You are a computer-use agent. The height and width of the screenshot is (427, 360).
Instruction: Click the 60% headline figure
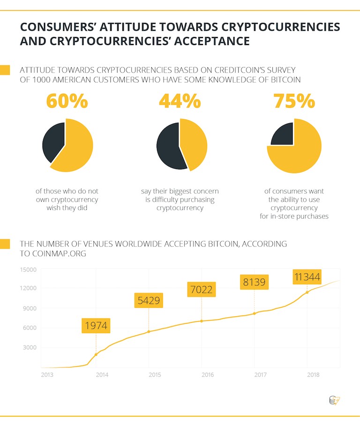coord(67,101)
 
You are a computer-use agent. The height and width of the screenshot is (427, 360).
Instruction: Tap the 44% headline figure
coord(180,101)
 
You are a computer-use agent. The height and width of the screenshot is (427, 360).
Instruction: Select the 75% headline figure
coord(294,101)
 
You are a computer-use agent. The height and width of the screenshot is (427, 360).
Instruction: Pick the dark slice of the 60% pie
coord(52,140)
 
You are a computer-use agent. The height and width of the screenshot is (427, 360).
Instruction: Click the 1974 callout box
coord(97,325)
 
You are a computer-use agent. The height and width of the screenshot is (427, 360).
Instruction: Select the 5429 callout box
coord(149,301)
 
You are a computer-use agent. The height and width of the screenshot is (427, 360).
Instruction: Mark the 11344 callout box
coord(307,277)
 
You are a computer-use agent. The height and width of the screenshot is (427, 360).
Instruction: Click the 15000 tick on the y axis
coord(28,269)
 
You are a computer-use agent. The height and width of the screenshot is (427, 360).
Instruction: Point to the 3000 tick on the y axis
coord(29,348)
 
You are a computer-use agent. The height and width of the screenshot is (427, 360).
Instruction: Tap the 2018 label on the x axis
coord(313,375)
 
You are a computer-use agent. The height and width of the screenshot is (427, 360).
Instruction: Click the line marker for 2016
coord(202,321)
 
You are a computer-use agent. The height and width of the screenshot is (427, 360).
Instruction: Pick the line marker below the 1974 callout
coord(96,354)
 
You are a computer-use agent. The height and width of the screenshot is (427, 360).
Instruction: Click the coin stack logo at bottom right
coord(334,400)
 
